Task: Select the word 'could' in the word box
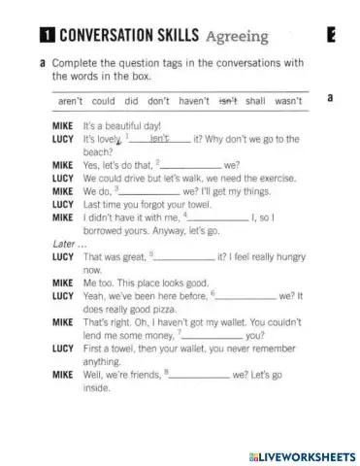[104, 100]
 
